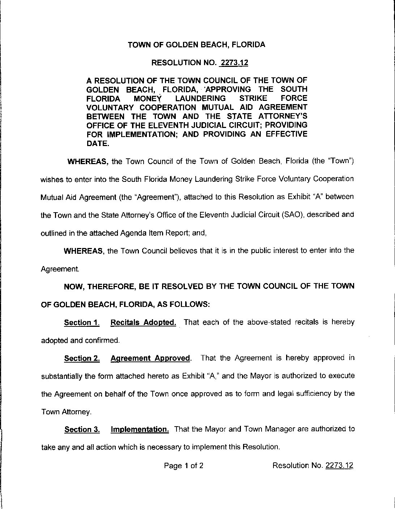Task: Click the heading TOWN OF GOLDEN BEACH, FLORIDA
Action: (x=197, y=45)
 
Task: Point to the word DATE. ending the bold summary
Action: (x=97, y=143)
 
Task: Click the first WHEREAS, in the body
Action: (x=88, y=161)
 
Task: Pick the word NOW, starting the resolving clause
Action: (x=75, y=286)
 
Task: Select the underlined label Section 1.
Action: (x=82, y=322)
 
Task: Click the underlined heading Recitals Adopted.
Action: (x=143, y=322)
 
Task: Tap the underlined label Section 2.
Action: (x=82, y=358)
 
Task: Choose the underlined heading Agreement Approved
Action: (x=150, y=358)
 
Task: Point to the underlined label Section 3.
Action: (x=82, y=430)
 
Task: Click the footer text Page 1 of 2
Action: (x=183, y=466)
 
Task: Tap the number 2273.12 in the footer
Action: (x=339, y=466)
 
